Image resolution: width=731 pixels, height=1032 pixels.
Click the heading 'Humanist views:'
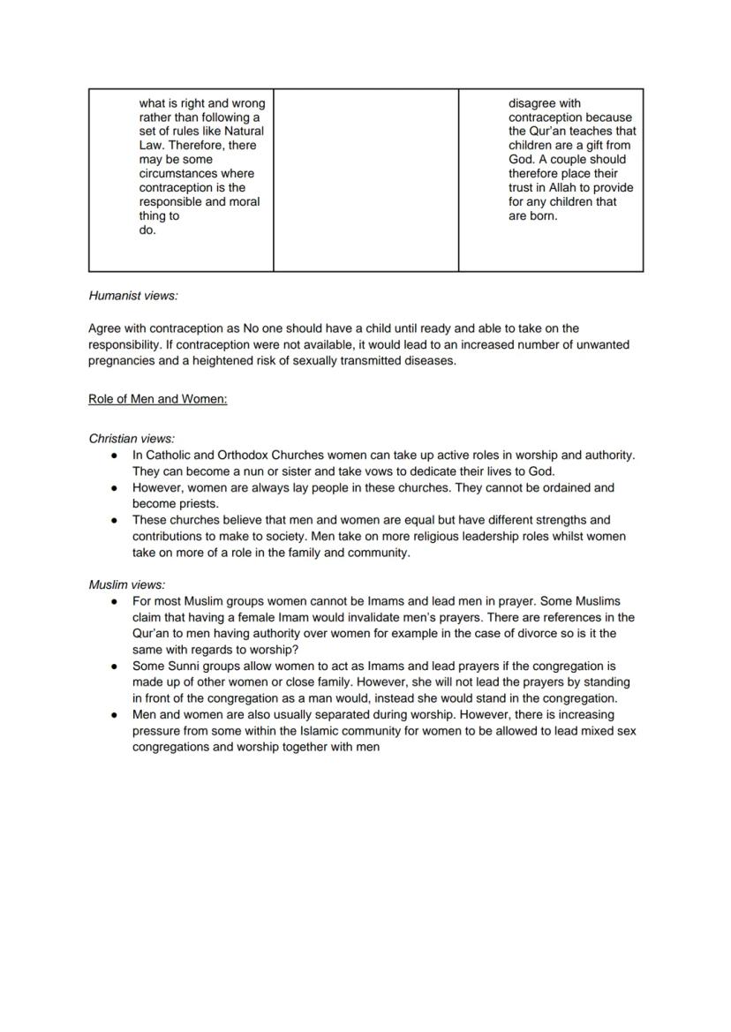click(132, 296)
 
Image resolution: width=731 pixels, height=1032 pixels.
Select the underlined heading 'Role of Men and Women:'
click(157, 399)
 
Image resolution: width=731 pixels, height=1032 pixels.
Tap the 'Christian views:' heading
click(132, 438)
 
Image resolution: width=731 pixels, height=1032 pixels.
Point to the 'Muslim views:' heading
click(126, 584)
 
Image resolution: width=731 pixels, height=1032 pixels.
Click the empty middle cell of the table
click(365, 179)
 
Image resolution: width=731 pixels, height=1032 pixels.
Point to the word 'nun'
click(241, 471)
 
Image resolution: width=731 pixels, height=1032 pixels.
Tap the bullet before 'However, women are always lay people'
click(114, 487)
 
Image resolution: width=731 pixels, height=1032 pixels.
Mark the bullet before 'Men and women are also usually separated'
click(114, 714)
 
